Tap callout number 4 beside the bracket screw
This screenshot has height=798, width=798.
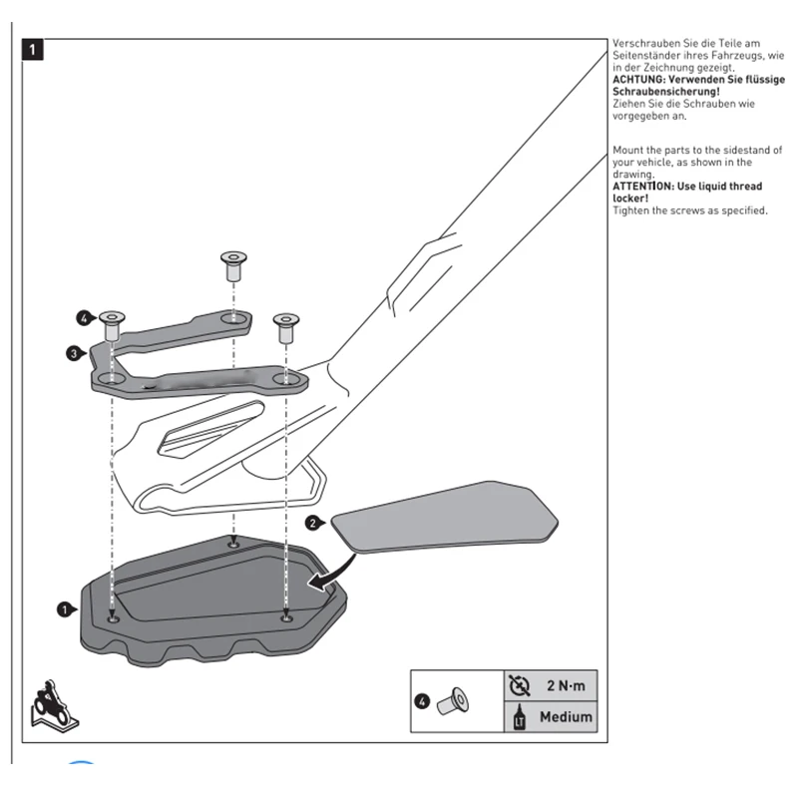pyautogui.click(x=84, y=318)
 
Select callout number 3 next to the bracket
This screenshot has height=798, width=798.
pyautogui.click(x=74, y=352)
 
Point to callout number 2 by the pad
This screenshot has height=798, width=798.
pyautogui.click(x=312, y=522)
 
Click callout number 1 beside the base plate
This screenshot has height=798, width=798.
pyautogui.click(x=65, y=607)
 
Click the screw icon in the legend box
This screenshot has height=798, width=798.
pyautogui.click(x=457, y=701)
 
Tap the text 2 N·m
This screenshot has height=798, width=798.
pyautogui.click(x=565, y=686)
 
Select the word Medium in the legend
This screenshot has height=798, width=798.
pyautogui.click(x=566, y=716)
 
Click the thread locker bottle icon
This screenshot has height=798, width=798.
pyautogui.click(x=518, y=717)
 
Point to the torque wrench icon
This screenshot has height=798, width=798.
pyautogui.click(x=519, y=685)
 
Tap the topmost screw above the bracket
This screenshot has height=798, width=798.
pyautogui.click(x=233, y=265)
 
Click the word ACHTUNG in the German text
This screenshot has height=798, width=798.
pyautogui.click(x=640, y=79)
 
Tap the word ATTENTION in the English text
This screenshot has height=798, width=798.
pyautogui.click(x=644, y=187)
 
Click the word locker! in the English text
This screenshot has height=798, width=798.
pyautogui.click(x=631, y=199)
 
